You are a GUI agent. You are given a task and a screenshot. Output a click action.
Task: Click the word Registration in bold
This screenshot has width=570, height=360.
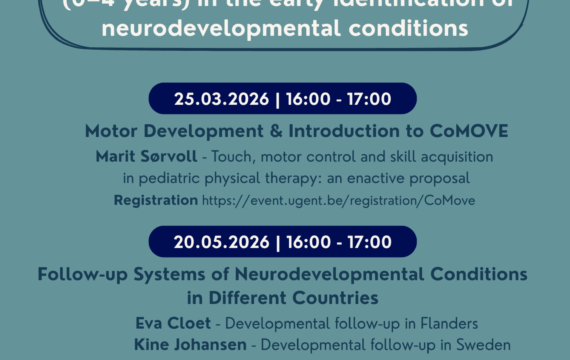(x=155, y=200)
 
